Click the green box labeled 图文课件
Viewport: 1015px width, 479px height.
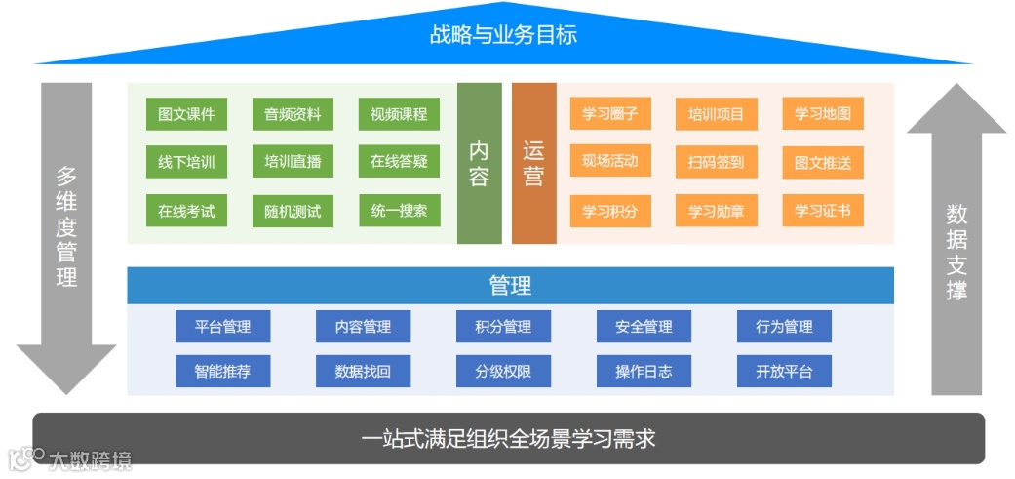click(x=186, y=114)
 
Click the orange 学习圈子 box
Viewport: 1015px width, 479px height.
click(x=610, y=114)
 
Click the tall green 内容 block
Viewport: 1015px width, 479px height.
click(x=480, y=163)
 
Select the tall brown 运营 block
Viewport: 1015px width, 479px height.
click(x=533, y=163)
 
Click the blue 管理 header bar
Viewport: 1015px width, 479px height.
click(x=510, y=286)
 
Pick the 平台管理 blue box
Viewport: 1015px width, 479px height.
click(x=223, y=327)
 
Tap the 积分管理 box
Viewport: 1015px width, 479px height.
click(x=503, y=327)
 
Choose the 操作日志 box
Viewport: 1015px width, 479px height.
click(x=644, y=372)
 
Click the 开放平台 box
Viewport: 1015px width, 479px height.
click(x=784, y=372)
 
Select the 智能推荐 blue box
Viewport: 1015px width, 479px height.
click(x=223, y=372)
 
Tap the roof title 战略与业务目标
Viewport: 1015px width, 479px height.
click(x=503, y=35)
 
